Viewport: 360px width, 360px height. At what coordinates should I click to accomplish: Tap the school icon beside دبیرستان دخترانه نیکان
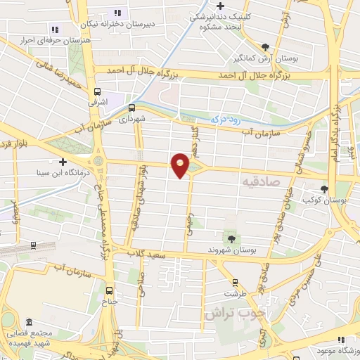click(x=117, y=12)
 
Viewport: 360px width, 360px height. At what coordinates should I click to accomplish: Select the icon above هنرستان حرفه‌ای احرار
click(x=53, y=30)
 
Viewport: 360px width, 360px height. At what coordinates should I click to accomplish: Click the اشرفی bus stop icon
click(x=97, y=91)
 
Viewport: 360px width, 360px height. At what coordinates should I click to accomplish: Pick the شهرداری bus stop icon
click(x=131, y=108)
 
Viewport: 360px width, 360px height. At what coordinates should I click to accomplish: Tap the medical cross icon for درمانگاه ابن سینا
click(x=63, y=161)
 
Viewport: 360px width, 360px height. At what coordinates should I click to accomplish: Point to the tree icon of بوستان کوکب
click(x=324, y=188)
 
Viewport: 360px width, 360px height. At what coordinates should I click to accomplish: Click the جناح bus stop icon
click(x=109, y=289)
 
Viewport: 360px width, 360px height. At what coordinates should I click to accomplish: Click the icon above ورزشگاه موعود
click(x=341, y=340)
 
